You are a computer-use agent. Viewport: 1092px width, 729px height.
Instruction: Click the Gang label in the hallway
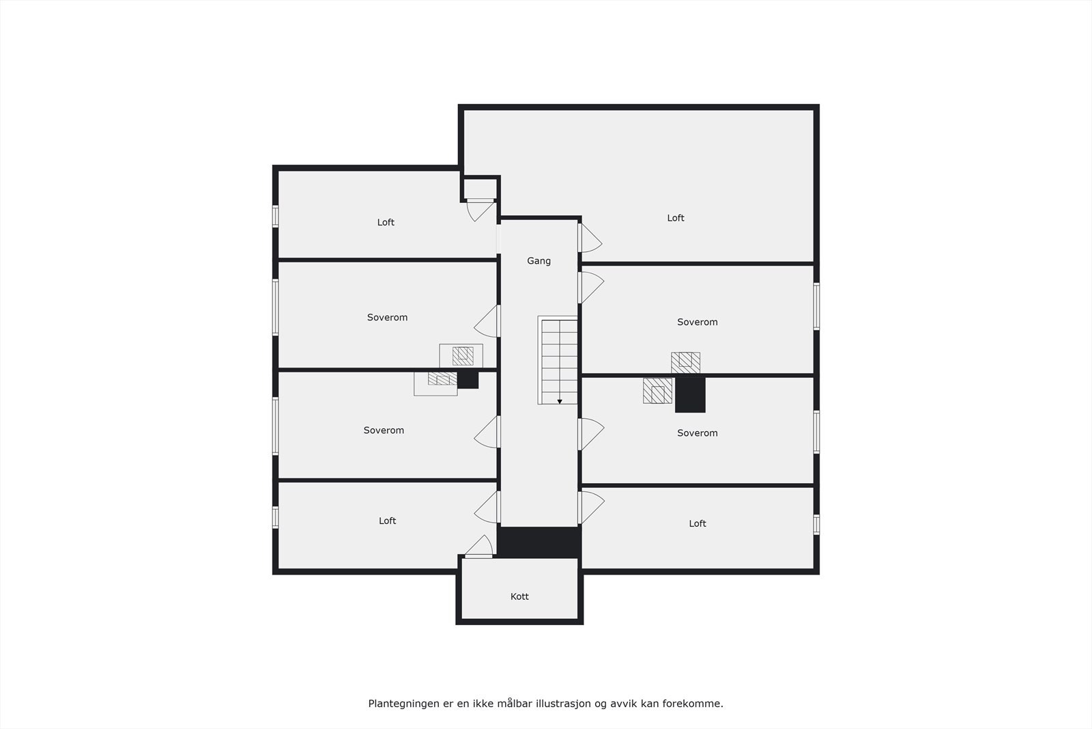point(538,261)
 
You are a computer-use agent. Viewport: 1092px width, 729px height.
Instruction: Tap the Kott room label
point(519,596)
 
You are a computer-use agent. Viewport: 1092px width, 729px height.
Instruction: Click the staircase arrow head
point(560,401)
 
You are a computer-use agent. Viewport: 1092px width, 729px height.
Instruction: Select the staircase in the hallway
point(559,360)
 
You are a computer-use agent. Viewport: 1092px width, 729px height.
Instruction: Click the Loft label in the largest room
point(676,218)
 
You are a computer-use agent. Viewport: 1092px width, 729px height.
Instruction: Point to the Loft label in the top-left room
point(386,222)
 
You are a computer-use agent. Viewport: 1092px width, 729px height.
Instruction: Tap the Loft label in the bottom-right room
point(698,523)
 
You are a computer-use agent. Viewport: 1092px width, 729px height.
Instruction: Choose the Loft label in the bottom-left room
point(387,521)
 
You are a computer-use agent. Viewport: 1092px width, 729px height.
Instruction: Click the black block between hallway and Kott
point(538,542)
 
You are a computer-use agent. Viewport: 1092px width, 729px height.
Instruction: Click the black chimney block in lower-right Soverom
point(690,395)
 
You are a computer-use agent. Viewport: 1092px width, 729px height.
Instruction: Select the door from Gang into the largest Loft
point(590,238)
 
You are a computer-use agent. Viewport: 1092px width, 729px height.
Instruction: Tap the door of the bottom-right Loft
point(590,508)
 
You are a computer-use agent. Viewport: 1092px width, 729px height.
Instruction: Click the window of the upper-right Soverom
point(816,306)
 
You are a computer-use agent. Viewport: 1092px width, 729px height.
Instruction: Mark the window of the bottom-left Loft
point(276,517)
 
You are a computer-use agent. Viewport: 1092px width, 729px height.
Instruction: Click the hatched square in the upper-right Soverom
point(685,362)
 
